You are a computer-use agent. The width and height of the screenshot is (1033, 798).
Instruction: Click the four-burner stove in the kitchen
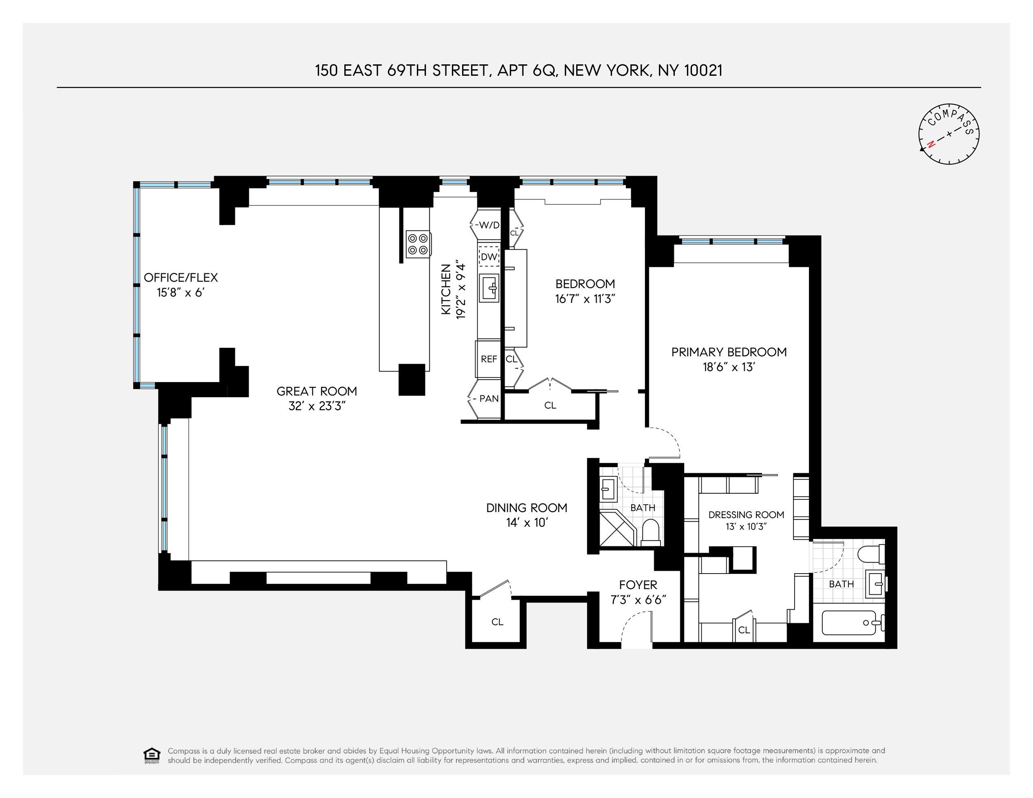[418, 244]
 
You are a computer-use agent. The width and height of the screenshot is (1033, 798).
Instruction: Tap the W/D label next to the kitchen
[489, 225]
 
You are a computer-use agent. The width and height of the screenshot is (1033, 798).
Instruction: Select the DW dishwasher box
[489, 257]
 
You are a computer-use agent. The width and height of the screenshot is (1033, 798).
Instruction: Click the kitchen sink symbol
[489, 288]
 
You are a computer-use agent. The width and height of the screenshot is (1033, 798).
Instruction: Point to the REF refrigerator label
[489, 359]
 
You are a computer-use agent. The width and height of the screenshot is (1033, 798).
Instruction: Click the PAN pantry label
[489, 398]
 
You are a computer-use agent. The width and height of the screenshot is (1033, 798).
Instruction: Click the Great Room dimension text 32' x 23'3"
[317, 406]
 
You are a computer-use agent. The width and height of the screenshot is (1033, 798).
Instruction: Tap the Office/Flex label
[181, 277]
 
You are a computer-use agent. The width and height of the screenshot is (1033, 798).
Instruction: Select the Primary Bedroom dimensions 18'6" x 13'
[729, 367]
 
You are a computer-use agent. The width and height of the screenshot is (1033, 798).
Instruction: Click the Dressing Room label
[746, 515]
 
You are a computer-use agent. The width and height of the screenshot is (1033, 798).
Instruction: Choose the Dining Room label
[526, 508]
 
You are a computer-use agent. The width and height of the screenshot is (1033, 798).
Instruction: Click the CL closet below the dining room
[497, 622]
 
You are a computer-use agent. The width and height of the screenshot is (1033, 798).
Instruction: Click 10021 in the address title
[703, 70]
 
